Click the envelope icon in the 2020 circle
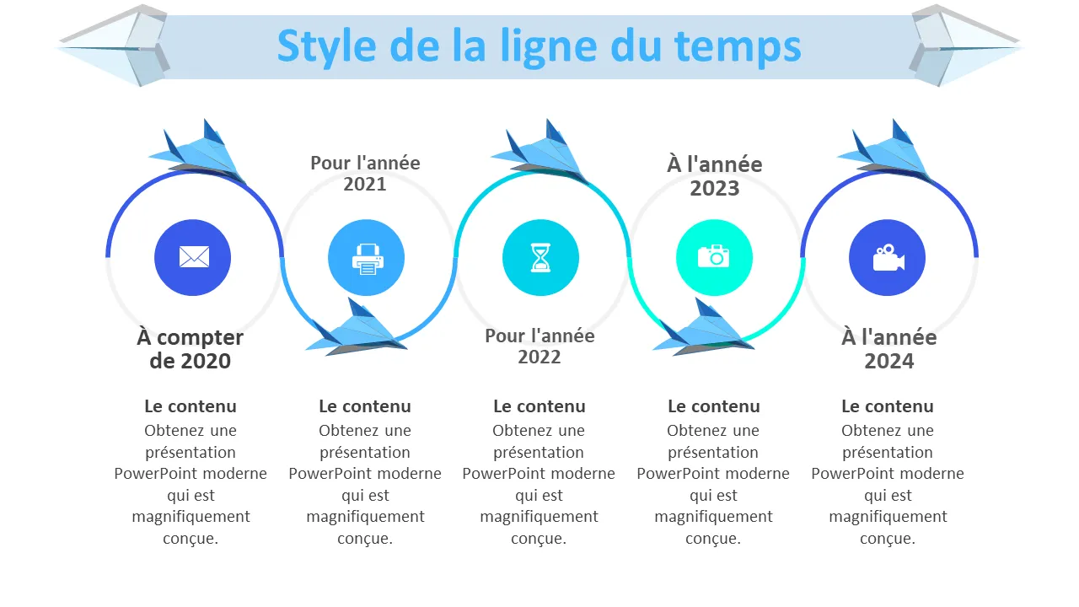click(x=194, y=257)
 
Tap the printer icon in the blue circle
click(x=368, y=259)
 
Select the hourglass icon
click(x=540, y=258)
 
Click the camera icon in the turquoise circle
click(x=713, y=255)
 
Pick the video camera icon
click(x=888, y=258)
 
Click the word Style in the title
click(x=326, y=47)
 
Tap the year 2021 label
click(x=365, y=184)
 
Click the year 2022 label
click(x=539, y=357)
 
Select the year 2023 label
click(x=714, y=188)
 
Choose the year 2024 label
click(x=888, y=361)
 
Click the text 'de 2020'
click(x=191, y=361)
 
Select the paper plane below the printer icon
click(x=357, y=328)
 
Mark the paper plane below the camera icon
click(x=703, y=328)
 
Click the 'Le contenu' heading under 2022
click(x=539, y=406)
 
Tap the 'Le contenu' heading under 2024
click(x=888, y=406)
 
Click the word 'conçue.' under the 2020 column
click(x=191, y=539)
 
